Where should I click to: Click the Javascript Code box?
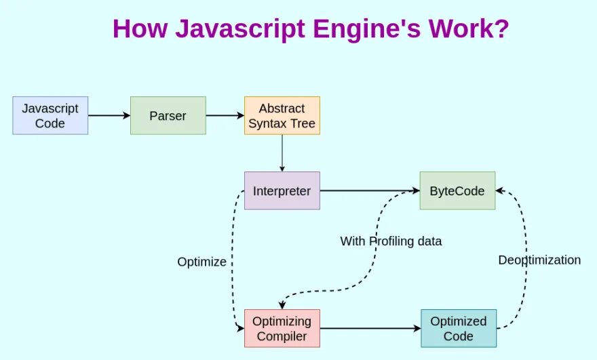coord(50,115)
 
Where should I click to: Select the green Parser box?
coord(168,115)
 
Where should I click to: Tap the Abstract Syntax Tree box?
coord(282,115)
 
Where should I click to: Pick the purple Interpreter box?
coord(282,191)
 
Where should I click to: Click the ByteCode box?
coord(457,191)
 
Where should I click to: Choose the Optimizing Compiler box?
coord(282,328)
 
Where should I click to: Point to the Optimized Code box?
coord(459,328)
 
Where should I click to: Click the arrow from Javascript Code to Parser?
coord(109,115)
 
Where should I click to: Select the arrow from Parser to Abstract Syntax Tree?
coord(225,115)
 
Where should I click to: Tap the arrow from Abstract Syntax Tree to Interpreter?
coord(282,153)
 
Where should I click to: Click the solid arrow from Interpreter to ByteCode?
coord(370,191)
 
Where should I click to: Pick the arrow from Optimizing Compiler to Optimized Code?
coord(370,328)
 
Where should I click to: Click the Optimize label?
coord(201,262)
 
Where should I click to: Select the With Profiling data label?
coord(391,241)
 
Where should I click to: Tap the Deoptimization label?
coord(539,260)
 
